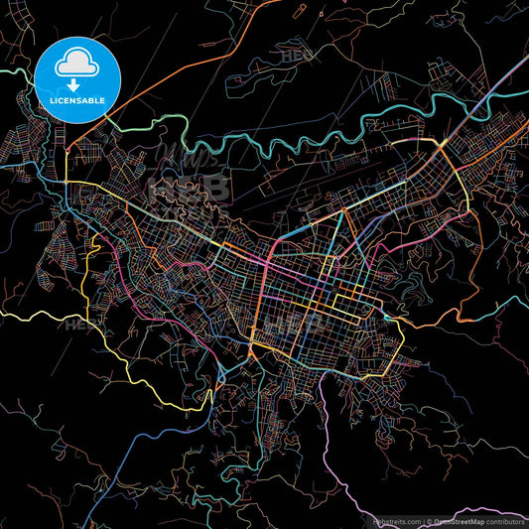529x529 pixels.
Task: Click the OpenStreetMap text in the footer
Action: point(463,520)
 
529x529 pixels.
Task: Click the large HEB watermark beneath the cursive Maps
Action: point(189,189)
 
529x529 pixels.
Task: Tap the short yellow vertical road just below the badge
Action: point(66,164)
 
